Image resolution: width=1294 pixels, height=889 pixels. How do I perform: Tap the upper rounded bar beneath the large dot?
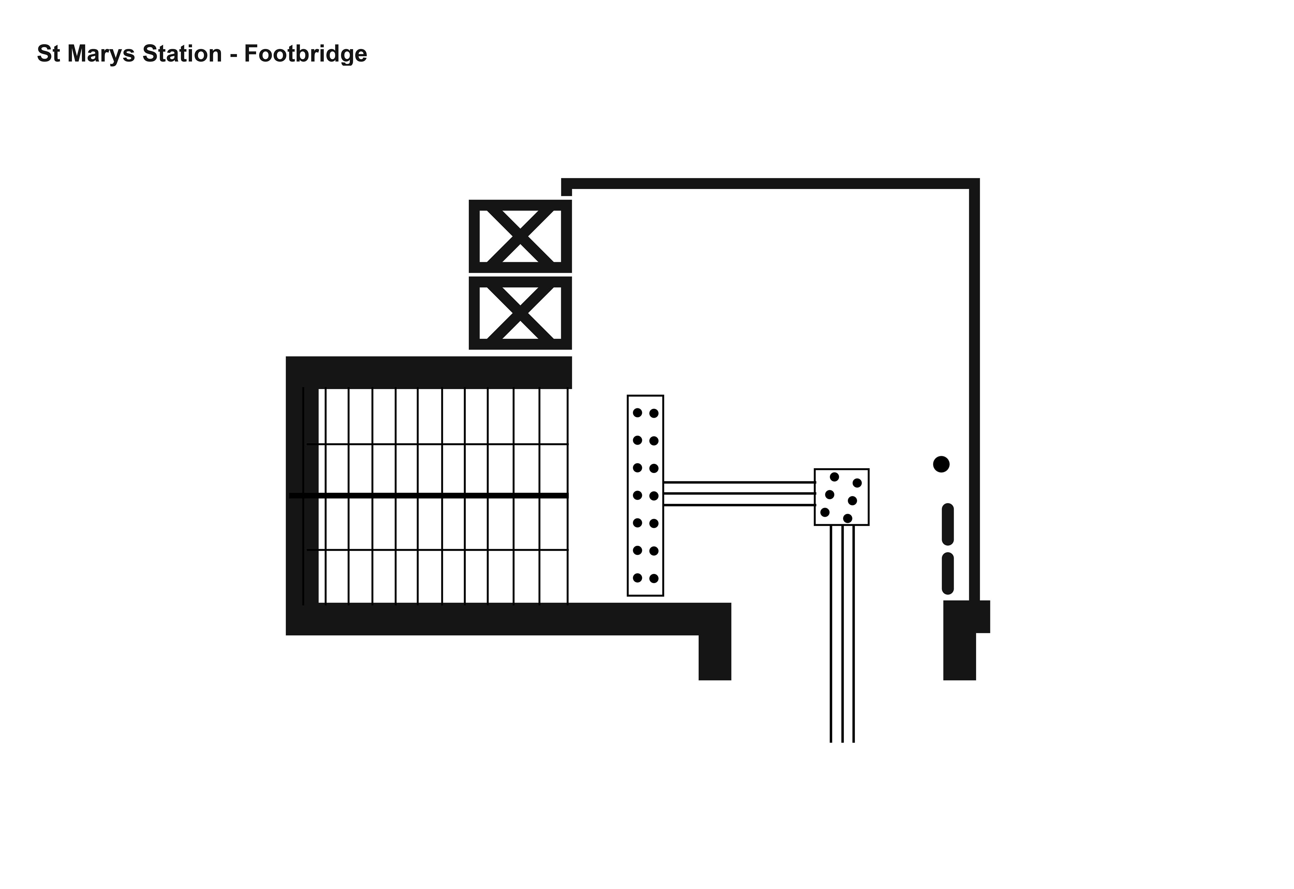[x=948, y=524]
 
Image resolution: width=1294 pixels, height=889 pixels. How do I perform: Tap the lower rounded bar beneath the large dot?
[x=948, y=573]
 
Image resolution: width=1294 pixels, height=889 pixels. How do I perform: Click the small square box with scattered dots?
[x=841, y=497]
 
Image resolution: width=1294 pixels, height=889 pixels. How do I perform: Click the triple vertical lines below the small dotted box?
[x=842, y=635]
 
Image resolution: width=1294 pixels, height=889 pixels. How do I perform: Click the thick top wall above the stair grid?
[x=429, y=372]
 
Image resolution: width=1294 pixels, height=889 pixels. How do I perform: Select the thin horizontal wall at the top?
[x=769, y=183]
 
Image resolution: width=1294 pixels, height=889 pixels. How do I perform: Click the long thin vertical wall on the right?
[x=974, y=390]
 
